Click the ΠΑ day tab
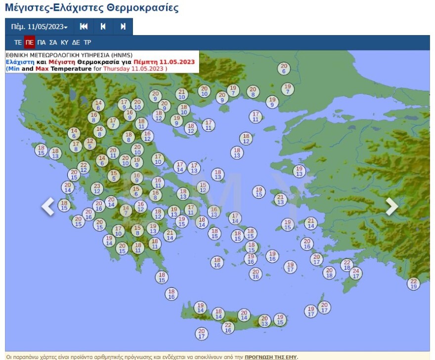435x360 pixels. pyautogui.click(x=42, y=42)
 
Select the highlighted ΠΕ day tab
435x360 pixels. pyautogui.click(x=30, y=42)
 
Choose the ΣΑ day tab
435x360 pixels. pyautogui.click(x=53, y=42)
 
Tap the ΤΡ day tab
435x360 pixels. pyautogui.click(x=87, y=42)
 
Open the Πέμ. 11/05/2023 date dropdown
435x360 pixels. pyautogui.click(x=39, y=27)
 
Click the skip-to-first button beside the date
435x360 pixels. pyautogui.click(x=84, y=27)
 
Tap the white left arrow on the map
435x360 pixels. pyautogui.click(x=48, y=206)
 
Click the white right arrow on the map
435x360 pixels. pyautogui.click(x=391, y=206)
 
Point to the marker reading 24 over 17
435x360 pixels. pyautogui.click(x=355, y=273)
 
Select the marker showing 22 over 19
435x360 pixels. pyautogui.click(x=414, y=283)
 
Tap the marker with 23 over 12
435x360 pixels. pyautogui.click(x=97, y=188)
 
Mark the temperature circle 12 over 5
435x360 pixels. pyautogui.click(x=89, y=143)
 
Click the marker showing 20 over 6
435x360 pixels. pyautogui.click(x=284, y=68)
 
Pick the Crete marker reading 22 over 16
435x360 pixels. pyautogui.click(x=228, y=327)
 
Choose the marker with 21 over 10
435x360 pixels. pyautogui.click(x=182, y=94)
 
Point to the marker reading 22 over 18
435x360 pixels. pyautogui.click(x=347, y=265)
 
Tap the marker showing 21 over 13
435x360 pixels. pyautogui.click(x=281, y=200)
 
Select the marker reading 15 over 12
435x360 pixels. pyautogui.click(x=203, y=187)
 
